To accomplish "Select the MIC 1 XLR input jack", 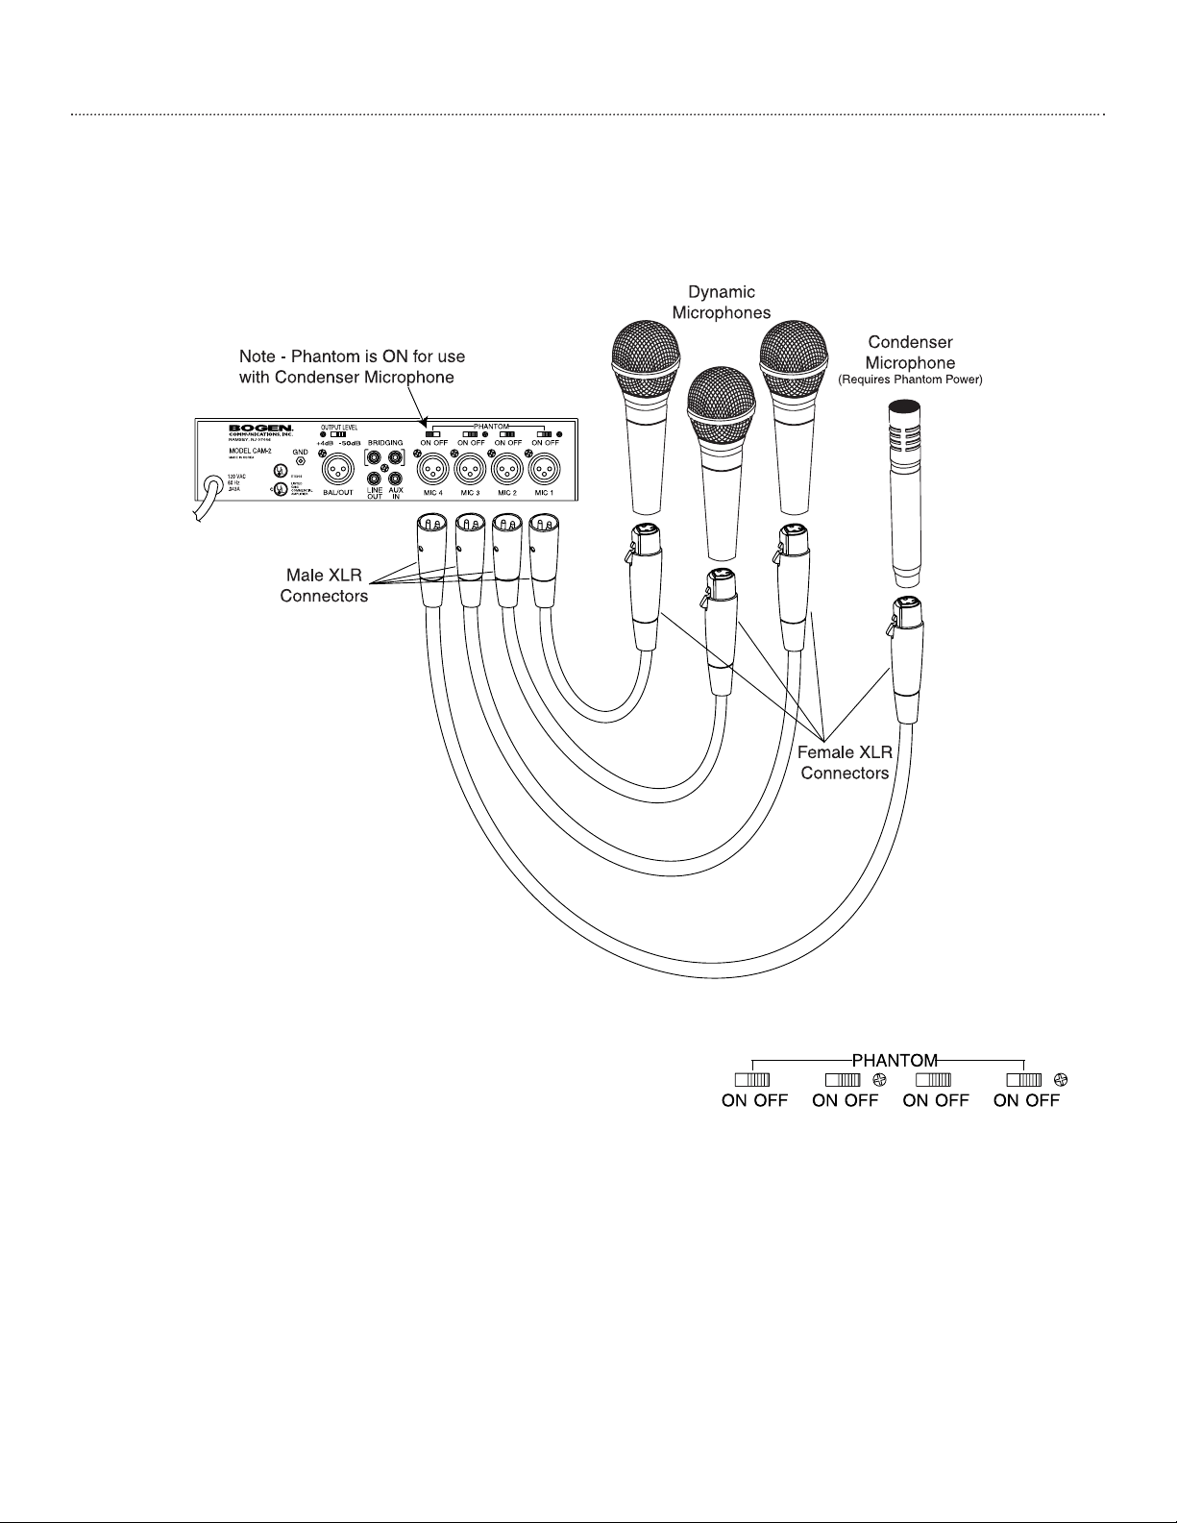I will point(544,470).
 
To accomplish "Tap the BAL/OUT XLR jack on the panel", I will point(338,470).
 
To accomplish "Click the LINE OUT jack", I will point(375,478).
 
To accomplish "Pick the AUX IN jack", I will point(395,478).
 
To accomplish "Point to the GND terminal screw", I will point(301,461).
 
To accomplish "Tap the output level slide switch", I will point(337,435).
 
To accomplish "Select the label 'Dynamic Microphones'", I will point(721,302).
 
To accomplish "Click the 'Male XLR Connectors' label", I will point(324,586).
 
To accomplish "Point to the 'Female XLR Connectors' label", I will point(845,763).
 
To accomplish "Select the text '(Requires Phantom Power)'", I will point(910,381).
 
